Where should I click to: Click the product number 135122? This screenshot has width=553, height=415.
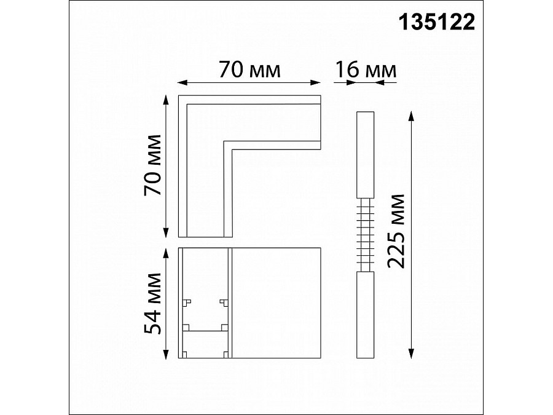(437, 22)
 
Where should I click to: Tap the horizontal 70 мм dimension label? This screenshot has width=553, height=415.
(249, 70)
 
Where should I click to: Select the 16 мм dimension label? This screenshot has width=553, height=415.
(366, 70)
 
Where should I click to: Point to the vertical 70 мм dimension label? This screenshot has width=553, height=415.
(153, 165)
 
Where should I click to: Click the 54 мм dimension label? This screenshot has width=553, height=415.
(153, 304)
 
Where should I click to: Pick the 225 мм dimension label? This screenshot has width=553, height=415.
(396, 232)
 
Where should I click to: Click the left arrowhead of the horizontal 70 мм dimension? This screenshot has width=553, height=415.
(182, 82)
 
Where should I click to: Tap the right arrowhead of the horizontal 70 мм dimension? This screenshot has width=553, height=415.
(316, 82)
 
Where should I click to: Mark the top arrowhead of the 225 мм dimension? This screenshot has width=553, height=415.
(411, 116)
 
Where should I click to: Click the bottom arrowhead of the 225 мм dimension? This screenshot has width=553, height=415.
(411, 354)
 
